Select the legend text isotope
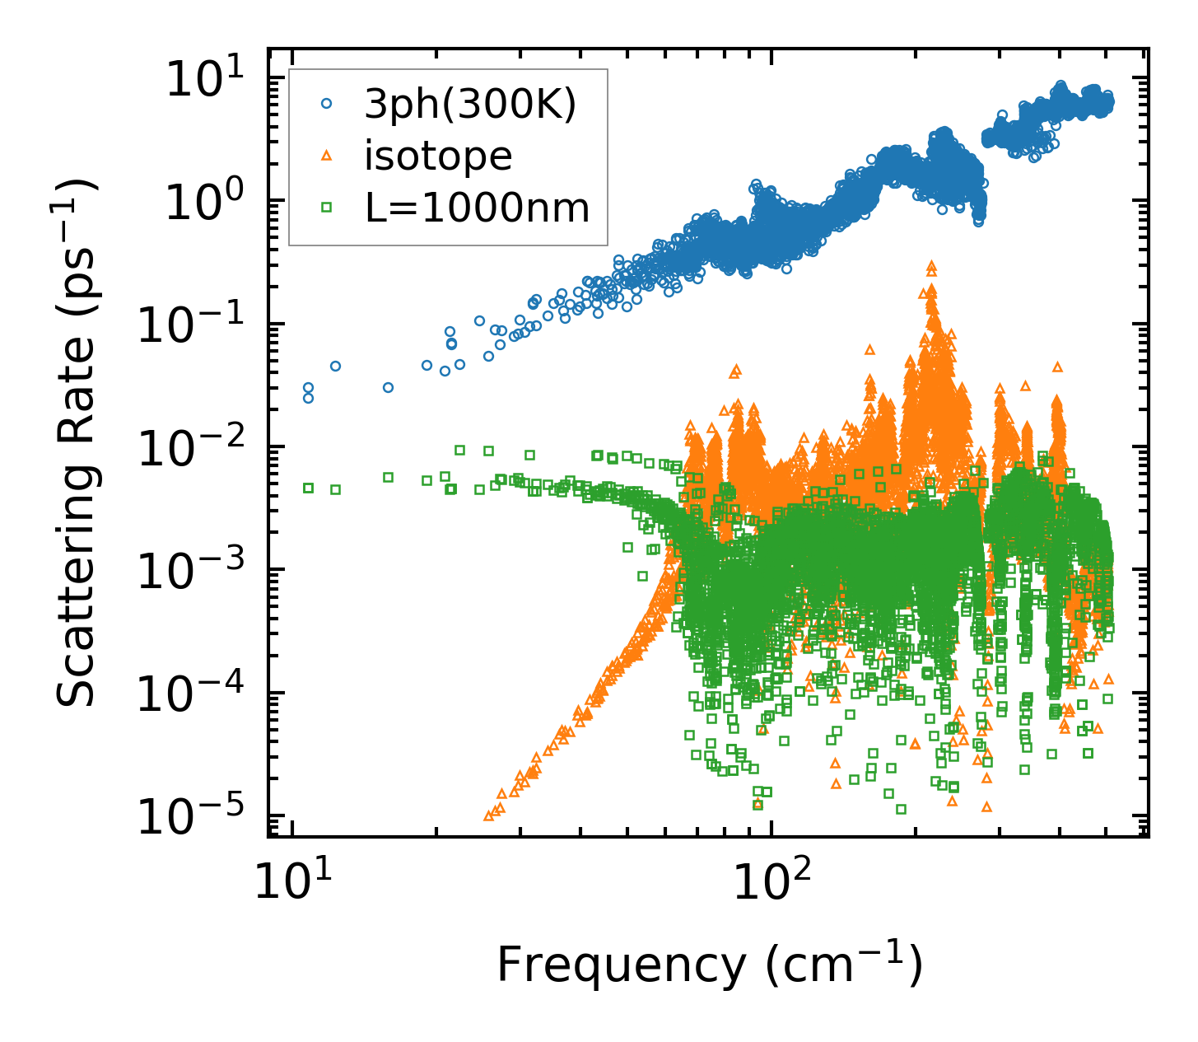[x=439, y=156]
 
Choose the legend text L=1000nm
[x=478, y=208]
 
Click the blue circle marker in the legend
[x=327, y=104]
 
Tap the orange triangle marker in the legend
[x=327, y=156]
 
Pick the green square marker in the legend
[x=327, y=208]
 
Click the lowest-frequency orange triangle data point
[x=488, y=815]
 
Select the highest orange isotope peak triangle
[x=931, y=265]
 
